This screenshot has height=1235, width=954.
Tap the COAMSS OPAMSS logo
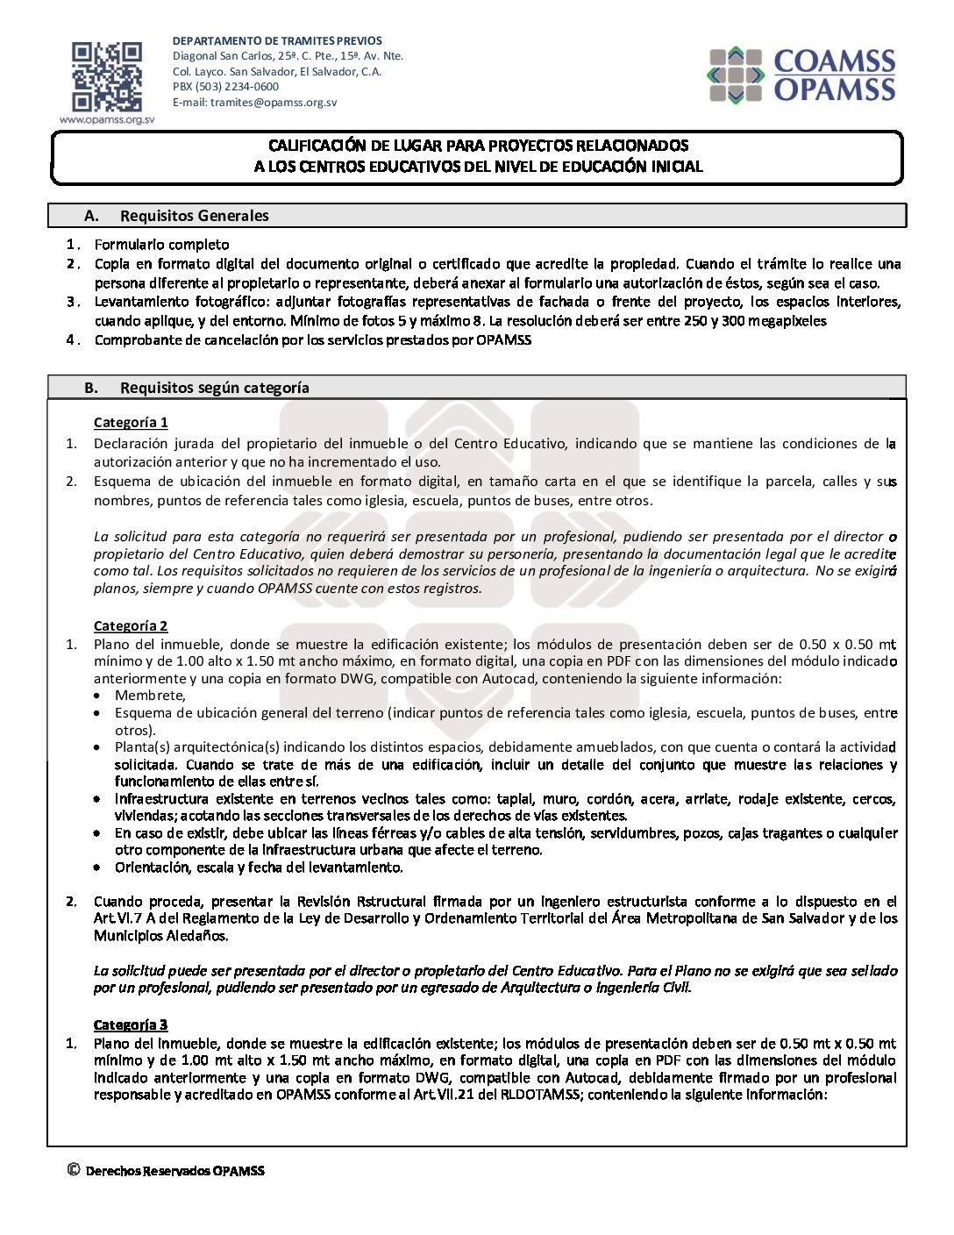tap(802, 75)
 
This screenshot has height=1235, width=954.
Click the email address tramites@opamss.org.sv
tap(274, 103)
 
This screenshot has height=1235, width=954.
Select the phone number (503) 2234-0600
tap(237, 87)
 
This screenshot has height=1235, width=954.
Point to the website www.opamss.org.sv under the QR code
tap(107, 120)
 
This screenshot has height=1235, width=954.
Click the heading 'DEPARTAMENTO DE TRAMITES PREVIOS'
tap(277, 41)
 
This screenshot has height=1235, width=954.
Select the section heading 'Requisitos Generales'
tap(194, 216)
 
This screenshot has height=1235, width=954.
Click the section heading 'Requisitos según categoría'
tap(214, 388)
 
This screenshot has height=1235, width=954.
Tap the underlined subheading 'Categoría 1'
tap(131, 423)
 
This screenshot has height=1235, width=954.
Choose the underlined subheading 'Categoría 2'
tap(131, 626)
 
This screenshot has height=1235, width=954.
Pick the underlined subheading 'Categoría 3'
tap(131, 1024)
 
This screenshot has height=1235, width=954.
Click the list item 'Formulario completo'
tap(161, 245)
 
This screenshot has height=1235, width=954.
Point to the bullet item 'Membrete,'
tap(150, 696)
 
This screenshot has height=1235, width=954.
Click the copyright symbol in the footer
tap(74, 1169)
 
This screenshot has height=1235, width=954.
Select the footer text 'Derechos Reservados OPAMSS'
tap(174, 1171)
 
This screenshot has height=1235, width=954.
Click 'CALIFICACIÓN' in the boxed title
tap(317, 146)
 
